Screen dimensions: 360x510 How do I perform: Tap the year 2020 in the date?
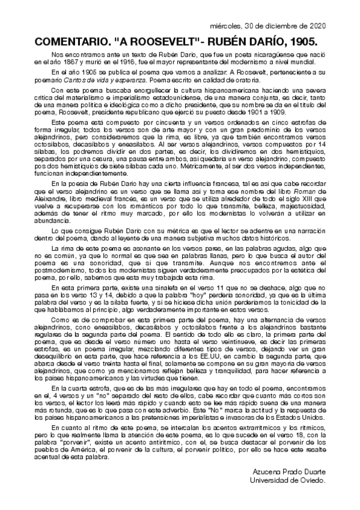[x=316, y=27]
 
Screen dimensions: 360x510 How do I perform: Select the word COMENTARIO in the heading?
[x=70, y=41]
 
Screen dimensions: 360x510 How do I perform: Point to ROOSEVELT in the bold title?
[x=154, y=41]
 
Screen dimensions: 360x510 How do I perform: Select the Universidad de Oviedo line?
[x=288, y=481]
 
